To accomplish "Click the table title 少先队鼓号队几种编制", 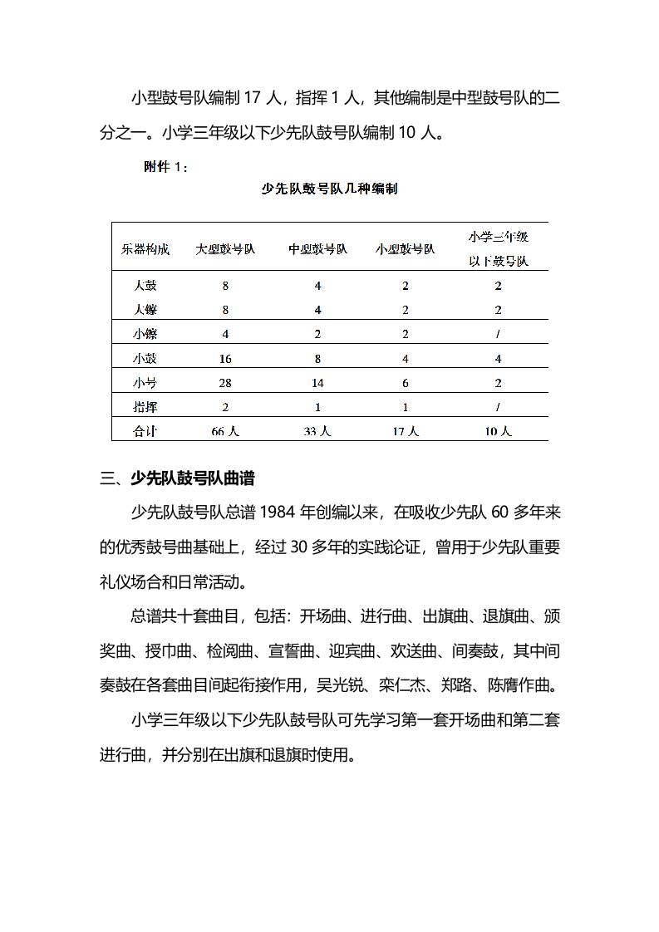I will click(x=329, y=189).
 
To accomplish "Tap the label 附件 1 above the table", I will click(x=166, y=167).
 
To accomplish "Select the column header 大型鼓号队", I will click(x=225, y=248).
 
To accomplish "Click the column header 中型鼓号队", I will click(x=317, y=248).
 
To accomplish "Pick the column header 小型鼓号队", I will click(x=406, y=248).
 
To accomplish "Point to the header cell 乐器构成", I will click(x=145, y=248).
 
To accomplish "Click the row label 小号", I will click(x=145, y=382).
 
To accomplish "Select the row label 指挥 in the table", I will click(x=145, y=407).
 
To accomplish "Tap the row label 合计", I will click(x=145, y=431).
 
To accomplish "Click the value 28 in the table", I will click(x=225, y=383).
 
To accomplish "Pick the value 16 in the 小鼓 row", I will click(x=225, y=358).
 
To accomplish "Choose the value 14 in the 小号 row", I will click(x=317, y=383).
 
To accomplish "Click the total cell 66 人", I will click(x=225, y=431).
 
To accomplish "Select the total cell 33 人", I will click(x=317, y=431).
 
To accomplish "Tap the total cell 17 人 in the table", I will click(x=406, y=431).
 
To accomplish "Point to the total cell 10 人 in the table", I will click(x=499, y=431).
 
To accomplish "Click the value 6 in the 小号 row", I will click(x=406, y=383).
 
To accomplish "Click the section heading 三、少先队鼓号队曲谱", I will click(x=177, y=478).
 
